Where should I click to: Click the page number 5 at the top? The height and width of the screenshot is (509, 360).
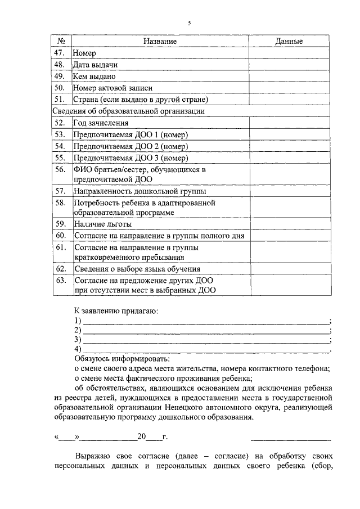tap(189, 23)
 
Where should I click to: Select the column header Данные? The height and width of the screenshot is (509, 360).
tap(289, 42)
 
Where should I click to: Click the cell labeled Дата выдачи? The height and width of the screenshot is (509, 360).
tap(94, 65)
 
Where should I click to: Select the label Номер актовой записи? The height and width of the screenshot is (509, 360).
tap(112, 88)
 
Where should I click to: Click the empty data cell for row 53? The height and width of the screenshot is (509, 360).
tap(289, 134)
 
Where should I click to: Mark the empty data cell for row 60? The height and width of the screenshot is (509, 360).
tap(289, 236)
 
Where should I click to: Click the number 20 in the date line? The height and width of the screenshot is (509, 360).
tap(141, 436)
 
